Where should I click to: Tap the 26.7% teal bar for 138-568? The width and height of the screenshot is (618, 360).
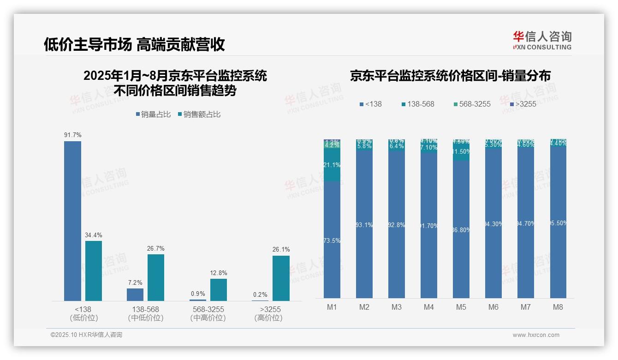156,277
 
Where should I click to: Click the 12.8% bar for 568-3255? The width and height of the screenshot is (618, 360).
219,289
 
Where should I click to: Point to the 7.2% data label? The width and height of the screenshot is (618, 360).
135,283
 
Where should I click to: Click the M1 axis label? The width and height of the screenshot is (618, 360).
332,307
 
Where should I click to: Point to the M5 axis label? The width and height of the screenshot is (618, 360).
461,307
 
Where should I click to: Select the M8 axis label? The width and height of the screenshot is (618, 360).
558,307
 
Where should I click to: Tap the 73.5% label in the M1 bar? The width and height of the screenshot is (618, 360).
332,241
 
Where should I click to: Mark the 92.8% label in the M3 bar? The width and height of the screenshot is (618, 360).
397,225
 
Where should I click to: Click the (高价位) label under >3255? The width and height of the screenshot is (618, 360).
268,318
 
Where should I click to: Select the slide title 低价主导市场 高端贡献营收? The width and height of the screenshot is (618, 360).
134,44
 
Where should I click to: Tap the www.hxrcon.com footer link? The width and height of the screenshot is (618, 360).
536,335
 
